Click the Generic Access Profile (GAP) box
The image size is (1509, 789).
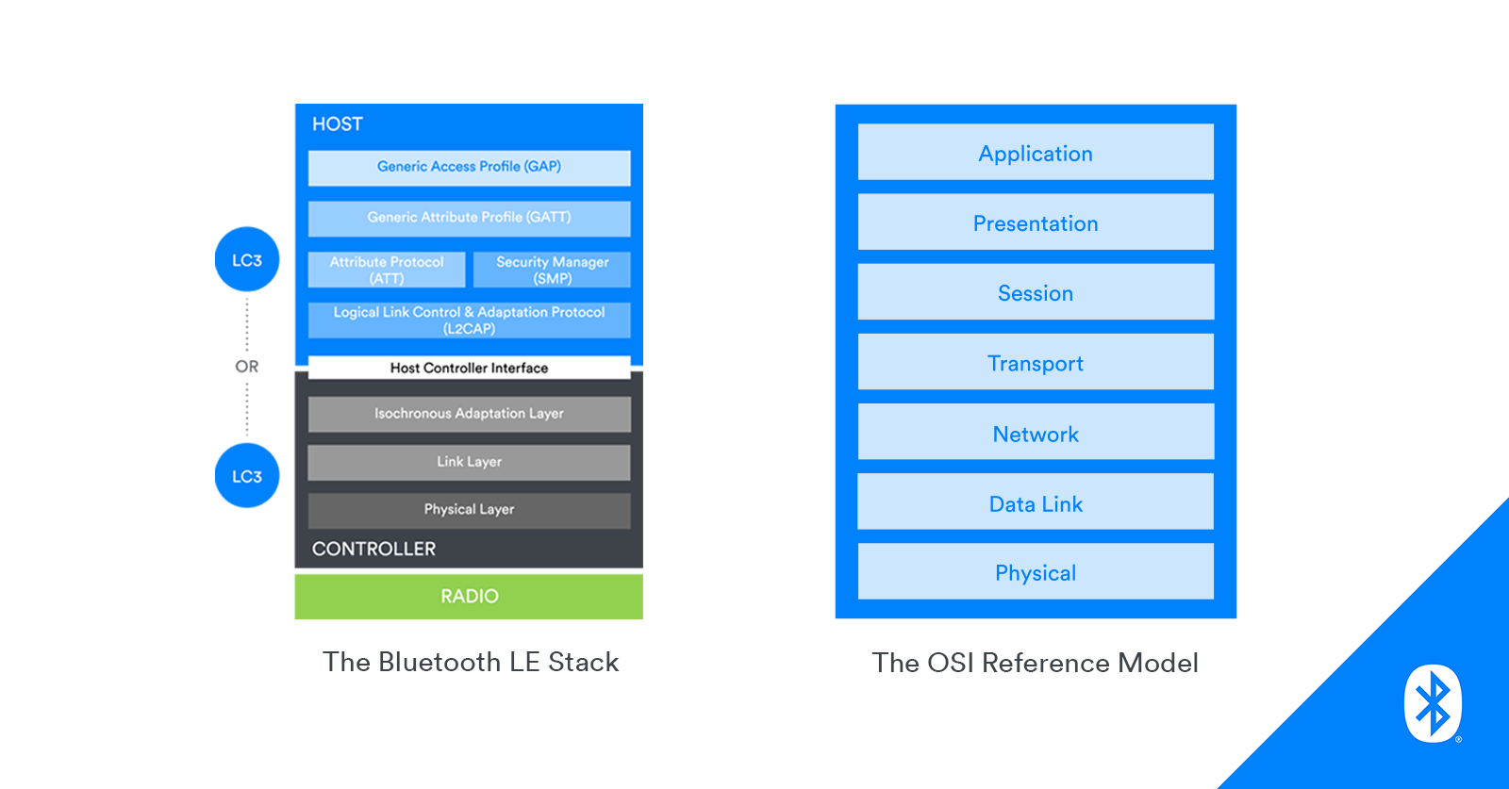(x=469, y=168)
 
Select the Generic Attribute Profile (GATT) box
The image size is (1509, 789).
(x=469, y=218)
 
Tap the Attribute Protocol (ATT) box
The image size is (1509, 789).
(x=387, y=270)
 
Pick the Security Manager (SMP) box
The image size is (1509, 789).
(x=552, y=270)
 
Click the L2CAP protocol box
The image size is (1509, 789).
(x=469, y=321)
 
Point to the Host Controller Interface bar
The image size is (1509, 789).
(x=469, y=368)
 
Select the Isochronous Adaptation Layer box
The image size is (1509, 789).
(x=469, y=414)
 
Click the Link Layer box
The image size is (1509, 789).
(x=469, y=462)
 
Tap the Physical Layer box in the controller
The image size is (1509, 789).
(x=469, y=510)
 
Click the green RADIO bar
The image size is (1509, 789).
(x=469, y=597)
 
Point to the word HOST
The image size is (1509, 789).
(x=338, y=124)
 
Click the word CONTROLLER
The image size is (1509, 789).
(x=373, y=549)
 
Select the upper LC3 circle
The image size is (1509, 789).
(x=247, y=259)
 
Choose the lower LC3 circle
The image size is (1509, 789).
(x=247, y=476)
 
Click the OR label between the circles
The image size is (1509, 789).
(x=247, y=367)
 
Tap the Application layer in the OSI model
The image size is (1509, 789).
(x=1036, y=153)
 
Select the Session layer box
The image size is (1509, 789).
(x=1036, y=292)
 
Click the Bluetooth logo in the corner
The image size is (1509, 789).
(x=1433, y=703)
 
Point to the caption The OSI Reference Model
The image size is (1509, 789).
(x=1035, y=663)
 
